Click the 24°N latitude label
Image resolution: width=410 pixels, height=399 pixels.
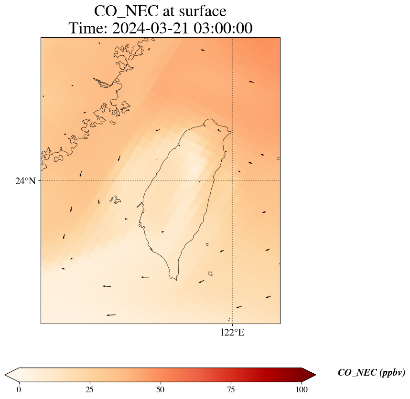tap(25, 181)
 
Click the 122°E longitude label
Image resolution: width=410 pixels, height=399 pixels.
tap(232, 333)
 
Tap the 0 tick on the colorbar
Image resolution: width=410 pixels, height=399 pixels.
tap(19, 389)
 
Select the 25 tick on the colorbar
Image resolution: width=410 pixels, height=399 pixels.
tap(90, 389)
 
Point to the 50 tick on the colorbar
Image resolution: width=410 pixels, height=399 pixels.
tap(161, 389)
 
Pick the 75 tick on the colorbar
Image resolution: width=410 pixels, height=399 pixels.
tap(231, 389)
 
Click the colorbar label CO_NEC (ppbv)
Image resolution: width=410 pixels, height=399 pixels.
tap(371, 373)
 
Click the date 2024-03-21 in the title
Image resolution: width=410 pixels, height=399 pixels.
tap(151, 29)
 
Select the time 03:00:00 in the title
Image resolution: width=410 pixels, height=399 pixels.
tap(223, 29)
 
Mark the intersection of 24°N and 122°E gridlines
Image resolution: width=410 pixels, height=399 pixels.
tap(232, 181)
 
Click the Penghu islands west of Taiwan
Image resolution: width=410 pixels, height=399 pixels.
tap(115, 199)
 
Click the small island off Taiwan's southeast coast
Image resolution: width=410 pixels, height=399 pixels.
tap(210, 273)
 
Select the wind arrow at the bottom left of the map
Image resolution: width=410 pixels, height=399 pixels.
tap(111, 315)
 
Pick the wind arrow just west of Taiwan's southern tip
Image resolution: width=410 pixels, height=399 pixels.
tap(145, 277)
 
